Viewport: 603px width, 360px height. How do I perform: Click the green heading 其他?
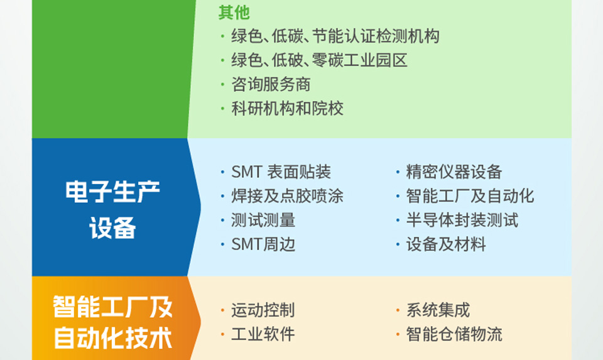click(x=234, y=13)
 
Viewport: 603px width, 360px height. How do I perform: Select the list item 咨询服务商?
click(x=271, y=84)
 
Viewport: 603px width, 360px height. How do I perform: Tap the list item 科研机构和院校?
click(x=287, y=109)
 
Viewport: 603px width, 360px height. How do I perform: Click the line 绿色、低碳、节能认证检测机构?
click(x=335, y=36)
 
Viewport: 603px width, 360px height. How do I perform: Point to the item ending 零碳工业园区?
click(x=319, y=60)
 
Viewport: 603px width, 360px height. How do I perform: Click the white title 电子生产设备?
click(x=112, y=210)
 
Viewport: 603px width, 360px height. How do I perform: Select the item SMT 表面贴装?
click(x=281, y=172)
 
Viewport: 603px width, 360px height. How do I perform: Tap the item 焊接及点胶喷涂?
click(x=287, y=196)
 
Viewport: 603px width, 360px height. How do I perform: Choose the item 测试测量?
click(x=263, y=220)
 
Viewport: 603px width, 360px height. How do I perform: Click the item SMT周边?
click(x=263, y=244)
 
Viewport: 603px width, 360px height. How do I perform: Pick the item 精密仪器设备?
click(x=454, y=172)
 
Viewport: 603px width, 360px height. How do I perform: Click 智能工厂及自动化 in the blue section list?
click(x=470, y=196)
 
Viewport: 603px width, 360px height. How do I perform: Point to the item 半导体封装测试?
click(x=462, y=220)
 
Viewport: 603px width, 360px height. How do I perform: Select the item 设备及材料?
click(x=446, y=244)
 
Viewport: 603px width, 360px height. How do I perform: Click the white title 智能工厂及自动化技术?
click(x=112, y=322)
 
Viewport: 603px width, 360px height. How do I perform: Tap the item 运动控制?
click(x=263, y=310)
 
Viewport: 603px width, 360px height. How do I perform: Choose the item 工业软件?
click(x=263, y=334)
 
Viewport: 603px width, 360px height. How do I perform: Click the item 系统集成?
click(x=438, y=310)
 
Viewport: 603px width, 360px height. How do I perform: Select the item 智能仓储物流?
click(x=454, y=334)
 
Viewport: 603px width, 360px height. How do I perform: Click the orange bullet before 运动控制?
click(x=222, y=310)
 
